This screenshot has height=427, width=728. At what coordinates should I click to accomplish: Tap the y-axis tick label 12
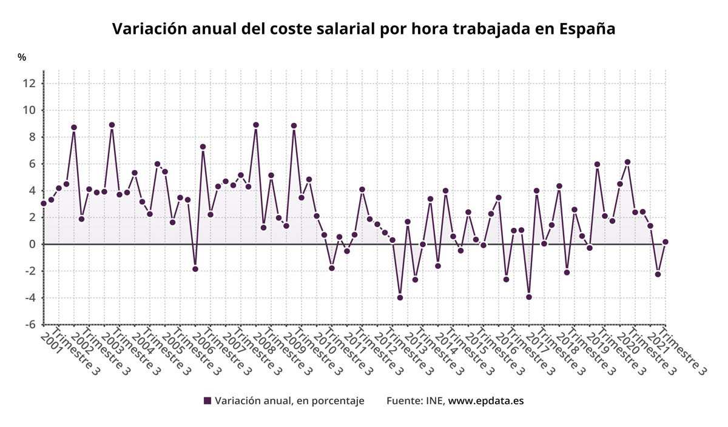click(x=29, y=84)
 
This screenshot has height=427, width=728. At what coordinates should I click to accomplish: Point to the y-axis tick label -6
click(x=29, y=325)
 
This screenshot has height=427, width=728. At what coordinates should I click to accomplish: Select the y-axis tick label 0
click(x=32, y=244)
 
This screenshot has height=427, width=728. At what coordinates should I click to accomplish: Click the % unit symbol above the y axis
click(x=22, y=58)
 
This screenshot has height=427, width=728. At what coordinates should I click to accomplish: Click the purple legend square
click(x=207, y=401)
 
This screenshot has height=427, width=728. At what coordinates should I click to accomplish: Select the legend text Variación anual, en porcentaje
click(x=289, y=401)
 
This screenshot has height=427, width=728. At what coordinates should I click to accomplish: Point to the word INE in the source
click(x=434, y=401)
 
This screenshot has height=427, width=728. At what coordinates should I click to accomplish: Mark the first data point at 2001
click(x=44, y=204)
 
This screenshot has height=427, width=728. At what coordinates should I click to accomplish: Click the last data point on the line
click(x=666, y=242)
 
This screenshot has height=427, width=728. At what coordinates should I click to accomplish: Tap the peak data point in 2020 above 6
click(x=627, y=162)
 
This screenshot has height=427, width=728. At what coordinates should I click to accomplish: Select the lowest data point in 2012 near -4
click(x=400, y=297)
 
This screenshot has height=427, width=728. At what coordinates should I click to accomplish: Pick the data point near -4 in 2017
click(x=529, y=297)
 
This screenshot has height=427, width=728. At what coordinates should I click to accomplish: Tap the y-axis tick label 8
click(x=32, y=137)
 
